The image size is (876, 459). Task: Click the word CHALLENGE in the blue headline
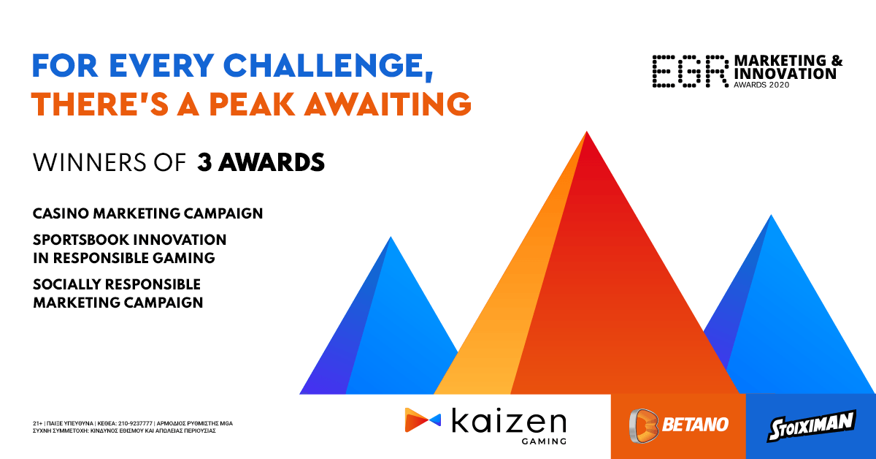click(x=328, y=67)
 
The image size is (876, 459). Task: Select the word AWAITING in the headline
click(x=388, y=104)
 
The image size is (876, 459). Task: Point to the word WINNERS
click(x=89, y=162)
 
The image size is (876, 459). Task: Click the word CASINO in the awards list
click(x=61, y=213)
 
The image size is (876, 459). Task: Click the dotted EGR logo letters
click(x=691, y=71)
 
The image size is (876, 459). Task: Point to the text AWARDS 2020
click(x=761, y=85)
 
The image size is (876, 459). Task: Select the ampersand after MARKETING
click(x=836, y=61)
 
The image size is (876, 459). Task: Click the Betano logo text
click(x=695, y=425)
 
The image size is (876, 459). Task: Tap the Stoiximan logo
click(x=812, y=425)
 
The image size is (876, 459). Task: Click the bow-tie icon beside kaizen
click(x=423, y=420)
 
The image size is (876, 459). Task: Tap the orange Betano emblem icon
click(x=643, y=425)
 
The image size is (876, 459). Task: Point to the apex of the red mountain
click(x=587, y=132)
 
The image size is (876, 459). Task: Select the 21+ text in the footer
click(x=37, y=423)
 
